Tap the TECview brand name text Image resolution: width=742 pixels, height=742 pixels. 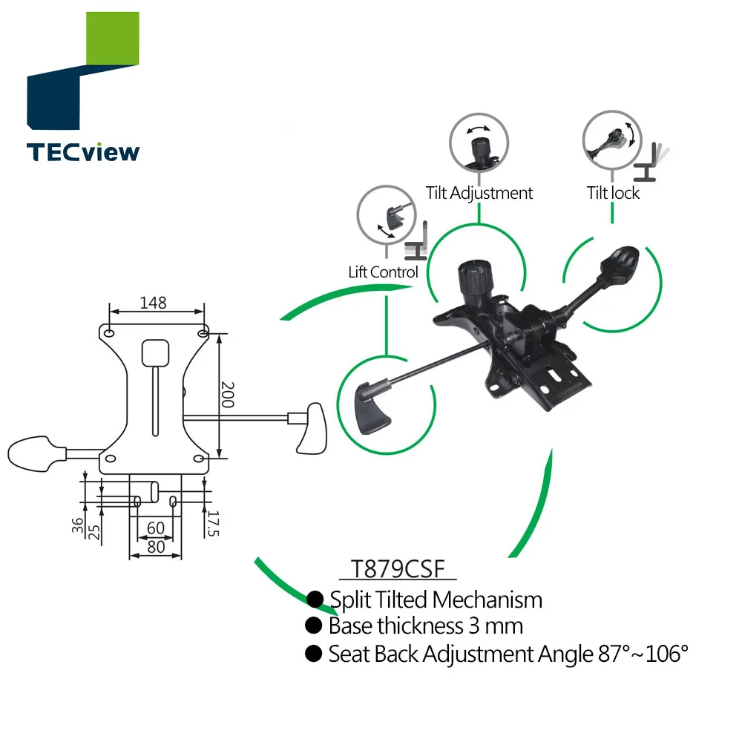(x=83, y=152)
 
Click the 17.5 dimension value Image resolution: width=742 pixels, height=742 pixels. (x=213, y=524)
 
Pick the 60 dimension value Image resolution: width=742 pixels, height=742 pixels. (x=155, y=528)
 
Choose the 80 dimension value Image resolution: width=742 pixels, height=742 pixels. (x=155, y=547)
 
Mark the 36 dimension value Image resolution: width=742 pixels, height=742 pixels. (x=78, y=525)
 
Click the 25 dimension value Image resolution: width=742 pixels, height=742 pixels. (x=94, y=531)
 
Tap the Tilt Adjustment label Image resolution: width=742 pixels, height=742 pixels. (x=479, y=193)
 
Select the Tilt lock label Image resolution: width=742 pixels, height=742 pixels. (x=613, y=193)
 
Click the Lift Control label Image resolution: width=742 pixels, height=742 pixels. (x=383, y=272)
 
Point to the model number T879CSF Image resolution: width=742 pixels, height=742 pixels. (x=397, y=570)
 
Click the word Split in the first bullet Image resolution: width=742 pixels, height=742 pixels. (x=352, y=600)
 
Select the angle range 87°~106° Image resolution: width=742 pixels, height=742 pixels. (x=643, y=654)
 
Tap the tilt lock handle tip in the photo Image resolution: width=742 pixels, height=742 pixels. (x=622, y=264)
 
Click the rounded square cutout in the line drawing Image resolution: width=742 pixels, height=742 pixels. (x=155, y=352)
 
